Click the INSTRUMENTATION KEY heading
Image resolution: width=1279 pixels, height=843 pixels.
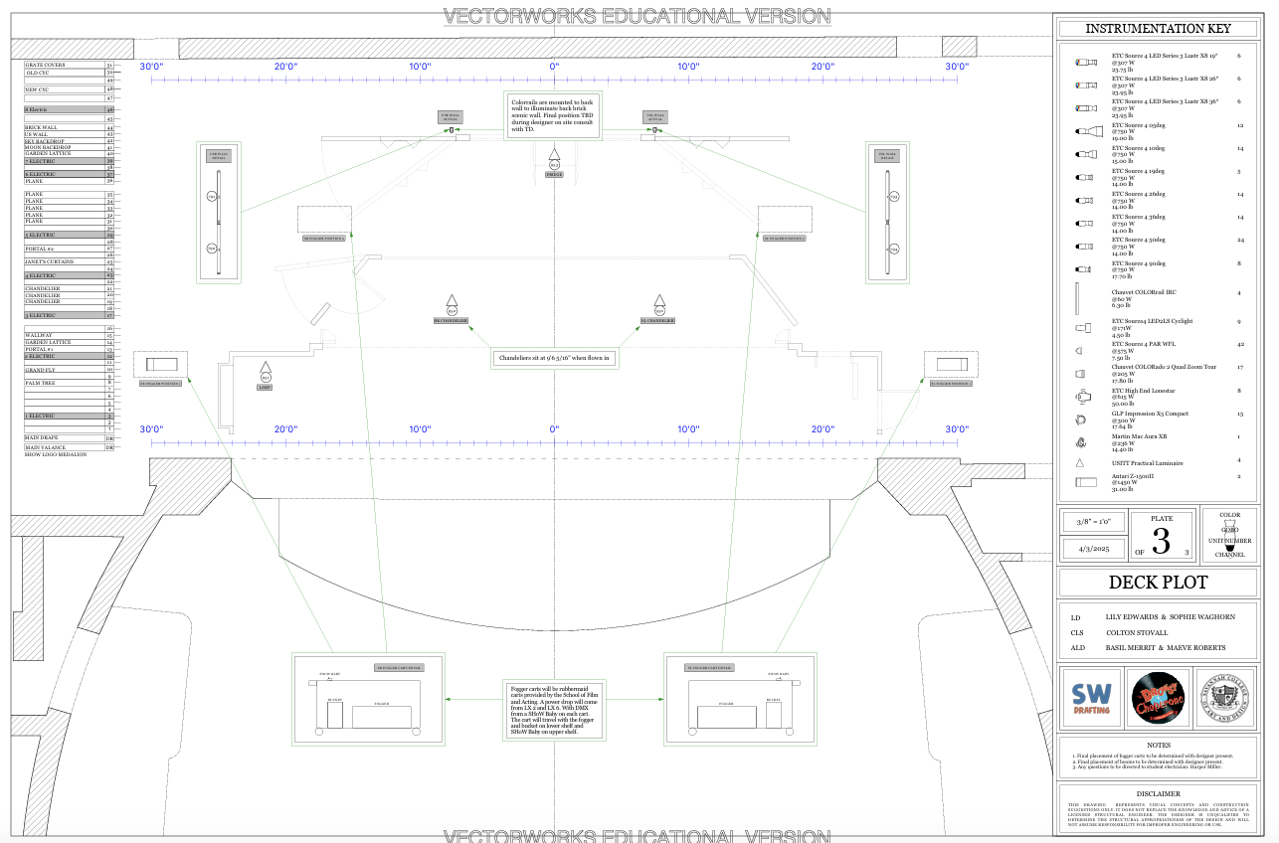(x=1157, y=29)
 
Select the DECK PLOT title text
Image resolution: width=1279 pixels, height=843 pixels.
(x=1158, y=583)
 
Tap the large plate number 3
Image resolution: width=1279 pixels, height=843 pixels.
(x=1161, y=542)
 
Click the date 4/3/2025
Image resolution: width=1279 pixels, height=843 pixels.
(x=1092, y=549)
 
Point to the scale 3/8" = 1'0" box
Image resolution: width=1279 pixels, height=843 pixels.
(x=1092, y=522)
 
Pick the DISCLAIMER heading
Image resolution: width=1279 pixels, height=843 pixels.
(x=1158, y=793)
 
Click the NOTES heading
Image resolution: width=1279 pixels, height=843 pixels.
(x=1158, y=745)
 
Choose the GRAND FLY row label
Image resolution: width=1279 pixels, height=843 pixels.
(x=41, y=370)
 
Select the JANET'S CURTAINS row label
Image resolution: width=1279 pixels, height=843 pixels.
(x=47, y=261)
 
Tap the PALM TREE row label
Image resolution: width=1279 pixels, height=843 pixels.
(x=40, y=383)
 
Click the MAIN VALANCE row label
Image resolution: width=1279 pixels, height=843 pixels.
(x=45, y=447)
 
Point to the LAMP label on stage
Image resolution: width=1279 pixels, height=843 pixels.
(x=265, y=388)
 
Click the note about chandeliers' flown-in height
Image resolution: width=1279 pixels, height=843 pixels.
(x=555, y=358)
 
